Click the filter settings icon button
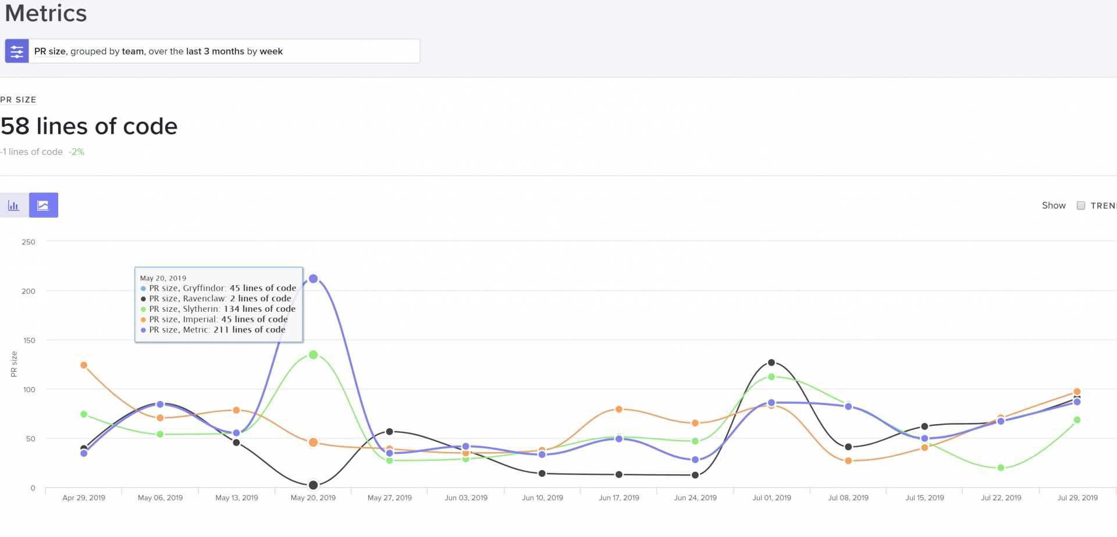click(17, 51)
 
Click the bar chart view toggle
click(14, 205)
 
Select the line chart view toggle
click(44, 205)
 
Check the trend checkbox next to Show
click(1081, 205)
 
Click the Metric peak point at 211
click(313, 279)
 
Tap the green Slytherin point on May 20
click(313, 354)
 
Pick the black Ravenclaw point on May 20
click(313, 485)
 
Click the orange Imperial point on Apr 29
click(84, 365)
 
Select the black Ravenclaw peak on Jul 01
click(771, 362)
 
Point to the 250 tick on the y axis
click(29, 242)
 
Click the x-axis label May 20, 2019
click(313, 498)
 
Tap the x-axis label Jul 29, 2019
click(1077, 498)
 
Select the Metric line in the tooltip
click(217, 330)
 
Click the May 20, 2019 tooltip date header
click(163, 278)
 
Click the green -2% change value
click(76, 152)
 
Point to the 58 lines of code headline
click(89, 126)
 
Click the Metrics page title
click(46, 13)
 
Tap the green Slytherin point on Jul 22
click(1001, 468)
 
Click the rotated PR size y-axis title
click(14, 364)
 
